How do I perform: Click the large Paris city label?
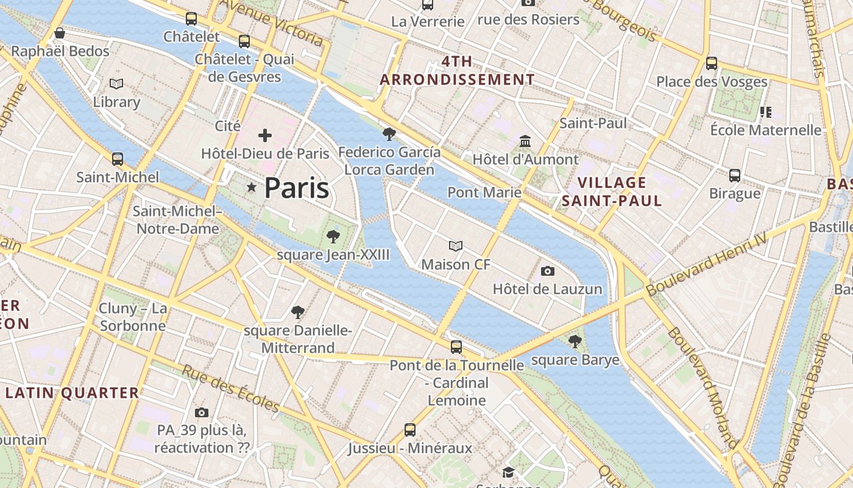[x=297, y=188]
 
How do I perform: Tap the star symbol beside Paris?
[x=251, y=187]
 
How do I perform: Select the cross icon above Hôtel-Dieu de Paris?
[x=265, y=135]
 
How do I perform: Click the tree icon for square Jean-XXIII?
[x=333, y=237]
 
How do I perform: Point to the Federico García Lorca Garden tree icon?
[x=389, y=134]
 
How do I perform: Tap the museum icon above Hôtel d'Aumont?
[x=525, y=142]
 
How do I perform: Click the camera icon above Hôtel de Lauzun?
[x=548, y=271]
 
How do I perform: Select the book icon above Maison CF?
[x=456, y=246]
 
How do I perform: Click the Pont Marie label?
[x=484, y=193]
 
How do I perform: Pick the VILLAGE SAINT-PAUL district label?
[x=612, y=192]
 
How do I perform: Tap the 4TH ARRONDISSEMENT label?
[x=457, y=71]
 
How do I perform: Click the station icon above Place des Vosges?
[x=712, y=63]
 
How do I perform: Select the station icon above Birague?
[x=735, y=176]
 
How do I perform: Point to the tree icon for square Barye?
[x=575, y=342]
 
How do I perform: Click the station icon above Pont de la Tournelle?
[x=456, y=347]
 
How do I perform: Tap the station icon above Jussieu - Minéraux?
[x=410, y=430]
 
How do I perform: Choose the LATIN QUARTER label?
[x=72, y=393]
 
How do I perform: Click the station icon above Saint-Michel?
[x=118, y=159]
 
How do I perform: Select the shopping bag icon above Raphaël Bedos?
[x=60, y=33]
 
